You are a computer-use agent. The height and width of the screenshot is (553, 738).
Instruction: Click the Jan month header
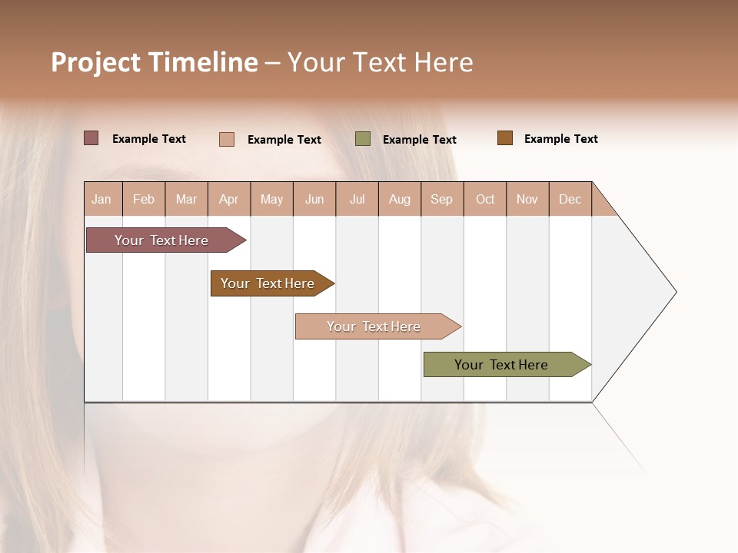[x=101, y=199]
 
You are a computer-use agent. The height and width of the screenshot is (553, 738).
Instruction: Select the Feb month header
[x=144, y=199]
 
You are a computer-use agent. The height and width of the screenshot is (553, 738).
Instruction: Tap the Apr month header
[x=228, y=199]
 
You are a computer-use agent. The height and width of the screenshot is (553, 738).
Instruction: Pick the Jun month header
[x=314, y=199]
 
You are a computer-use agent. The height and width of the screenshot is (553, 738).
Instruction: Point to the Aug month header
[x=399, y=199]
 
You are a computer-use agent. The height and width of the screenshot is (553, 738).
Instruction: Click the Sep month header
[x=441, y=199]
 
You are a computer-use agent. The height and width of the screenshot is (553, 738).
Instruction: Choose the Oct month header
[x=485, y=199]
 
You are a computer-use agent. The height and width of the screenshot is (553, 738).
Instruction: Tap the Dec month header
[x=570, y=199]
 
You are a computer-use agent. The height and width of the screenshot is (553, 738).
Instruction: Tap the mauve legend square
[x=91, y=138]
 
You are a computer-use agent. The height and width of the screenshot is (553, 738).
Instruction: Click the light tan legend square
[x=226, y=139]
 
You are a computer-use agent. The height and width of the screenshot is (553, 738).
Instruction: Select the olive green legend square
[x=363, y=139]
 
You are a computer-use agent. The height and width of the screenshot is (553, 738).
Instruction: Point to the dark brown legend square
[x=504, y=138]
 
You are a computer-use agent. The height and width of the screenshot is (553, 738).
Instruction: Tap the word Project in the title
[x=96, y=62]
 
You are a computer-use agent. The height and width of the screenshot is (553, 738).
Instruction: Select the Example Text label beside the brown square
[x=560, y=139]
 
